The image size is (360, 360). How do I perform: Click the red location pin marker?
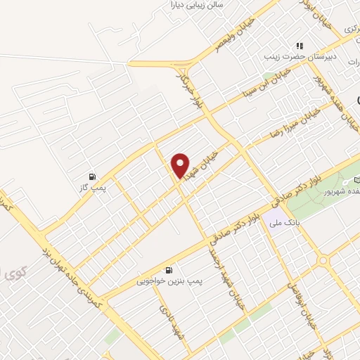coord(181,166)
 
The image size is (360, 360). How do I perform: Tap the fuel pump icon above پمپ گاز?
coord(92,176)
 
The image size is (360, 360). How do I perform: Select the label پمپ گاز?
coord(93,188)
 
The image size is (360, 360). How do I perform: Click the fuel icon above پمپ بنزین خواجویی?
coord(168,270)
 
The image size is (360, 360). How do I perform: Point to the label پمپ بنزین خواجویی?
coord(169,281)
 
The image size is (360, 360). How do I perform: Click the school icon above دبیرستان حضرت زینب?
coord(300,46)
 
